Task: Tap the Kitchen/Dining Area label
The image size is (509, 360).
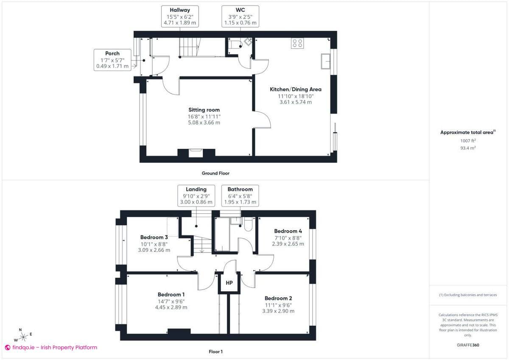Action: pyautogui.click(x=296, y=89)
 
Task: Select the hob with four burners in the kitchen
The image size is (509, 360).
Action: pyautogui.click(x=297, y=43)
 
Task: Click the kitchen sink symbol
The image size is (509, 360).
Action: pyautogui.click(x=326, y=61)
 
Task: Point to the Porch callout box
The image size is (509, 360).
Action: pyautogui.click(x=112, y=60)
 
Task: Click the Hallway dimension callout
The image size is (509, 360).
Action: pyautogui.click(x=179, y=17)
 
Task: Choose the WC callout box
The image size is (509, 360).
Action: pyautogui.click(x=240, y=17)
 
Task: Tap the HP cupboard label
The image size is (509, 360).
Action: pyautogui.click(x=229, y=283)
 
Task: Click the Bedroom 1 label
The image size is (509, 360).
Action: pyautogui.click(x=171, y=294)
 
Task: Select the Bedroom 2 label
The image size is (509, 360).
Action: pyautogui.click(x=278, y=298)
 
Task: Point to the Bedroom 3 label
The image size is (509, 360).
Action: pyautogui.click(x=154, y=237)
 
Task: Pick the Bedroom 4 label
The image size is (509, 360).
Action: pyautogui.click(x=288, y=231)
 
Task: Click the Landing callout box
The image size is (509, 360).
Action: pyautogui.click(x=196, y=195)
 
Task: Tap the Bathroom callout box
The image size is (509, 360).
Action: pyautogui.click(x=240, y=195)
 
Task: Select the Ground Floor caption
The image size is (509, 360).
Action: pyautogui.click(x=215, y=173)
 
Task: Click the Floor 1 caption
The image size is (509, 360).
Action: pyautogui.click(x=215, y=352)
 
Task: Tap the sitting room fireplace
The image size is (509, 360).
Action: pyautogui.click(x=196, y=153)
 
